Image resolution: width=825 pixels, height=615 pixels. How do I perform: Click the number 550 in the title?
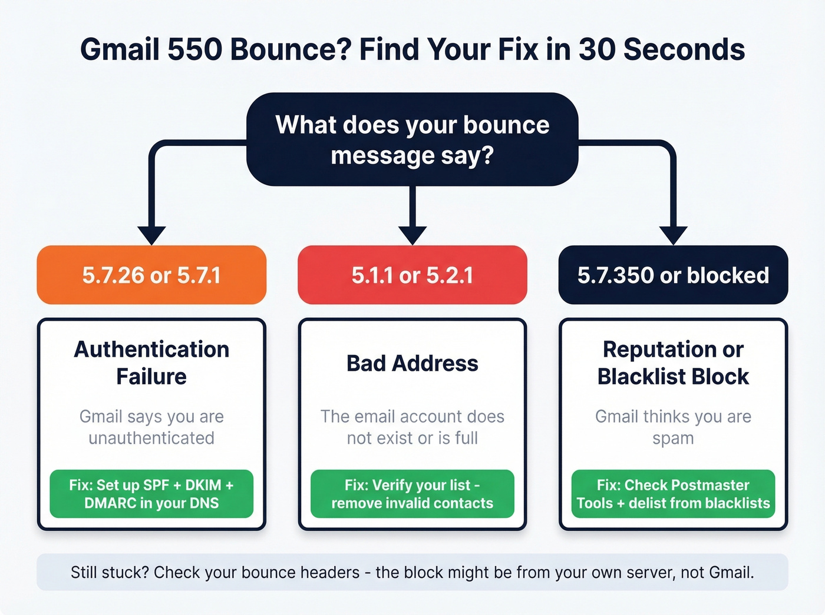(x=194, y=49)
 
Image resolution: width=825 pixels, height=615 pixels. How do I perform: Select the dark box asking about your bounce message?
(x=412, y=139)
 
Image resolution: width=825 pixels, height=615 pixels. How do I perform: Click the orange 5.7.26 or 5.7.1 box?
(x=151, y=275)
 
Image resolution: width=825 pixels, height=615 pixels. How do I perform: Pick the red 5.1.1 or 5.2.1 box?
(x=412, y=275)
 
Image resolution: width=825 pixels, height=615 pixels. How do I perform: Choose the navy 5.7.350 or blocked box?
(x=673, y=275)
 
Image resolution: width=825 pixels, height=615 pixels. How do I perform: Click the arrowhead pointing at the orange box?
(x=151, y=235)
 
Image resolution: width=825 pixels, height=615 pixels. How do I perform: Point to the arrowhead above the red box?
(x=412, y=235)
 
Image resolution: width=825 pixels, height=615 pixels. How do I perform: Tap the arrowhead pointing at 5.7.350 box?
(x=674, y=235)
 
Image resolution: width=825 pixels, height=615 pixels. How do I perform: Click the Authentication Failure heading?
(x=151, y=363)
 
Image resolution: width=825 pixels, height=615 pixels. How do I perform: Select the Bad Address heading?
(x=412, y=363)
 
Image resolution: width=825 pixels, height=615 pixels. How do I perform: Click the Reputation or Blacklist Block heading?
(x=673, y=363)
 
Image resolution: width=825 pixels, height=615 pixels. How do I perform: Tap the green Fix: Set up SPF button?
(x=151, y=494)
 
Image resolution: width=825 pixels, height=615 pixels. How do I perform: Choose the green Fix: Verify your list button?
(x=412, y=494)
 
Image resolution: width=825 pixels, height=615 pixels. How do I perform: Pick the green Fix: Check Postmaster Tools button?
(x=673, y=494)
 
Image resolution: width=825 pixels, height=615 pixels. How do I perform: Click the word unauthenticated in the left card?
(x=151, y=438)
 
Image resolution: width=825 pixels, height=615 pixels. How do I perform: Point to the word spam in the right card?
(x=673, y=438)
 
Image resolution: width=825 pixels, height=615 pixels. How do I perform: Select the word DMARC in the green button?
(x=110, y=503)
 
